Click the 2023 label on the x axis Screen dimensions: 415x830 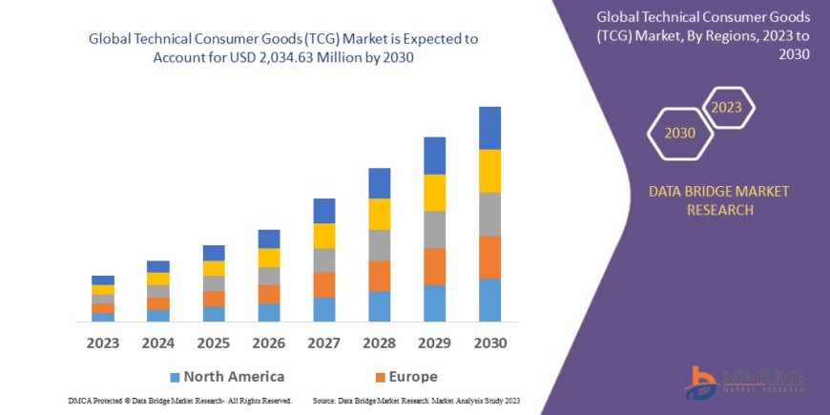pos(103,342)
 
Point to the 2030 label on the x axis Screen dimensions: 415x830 pos(489,342)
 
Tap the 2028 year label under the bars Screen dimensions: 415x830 pos(380,342)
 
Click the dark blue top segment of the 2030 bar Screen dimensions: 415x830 pos(489,128)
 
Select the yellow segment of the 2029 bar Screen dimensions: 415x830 pos(434,193)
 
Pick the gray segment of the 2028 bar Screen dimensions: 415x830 pos(380,245)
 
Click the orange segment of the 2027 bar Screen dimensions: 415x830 pos(324,284)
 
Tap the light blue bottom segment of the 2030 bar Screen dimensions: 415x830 pos(489,300)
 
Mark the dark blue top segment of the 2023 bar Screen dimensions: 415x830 pos(103,280)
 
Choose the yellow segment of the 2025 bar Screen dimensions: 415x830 pos(214,268)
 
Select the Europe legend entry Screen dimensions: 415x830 pos(405,376)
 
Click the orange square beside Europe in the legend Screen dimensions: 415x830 pos(381,377)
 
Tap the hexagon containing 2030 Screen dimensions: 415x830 pos(680,134)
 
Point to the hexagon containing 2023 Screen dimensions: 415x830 pos(726,107)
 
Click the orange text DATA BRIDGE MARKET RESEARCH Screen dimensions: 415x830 pos(719,200)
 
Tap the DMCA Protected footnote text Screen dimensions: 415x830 pos(180,401)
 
